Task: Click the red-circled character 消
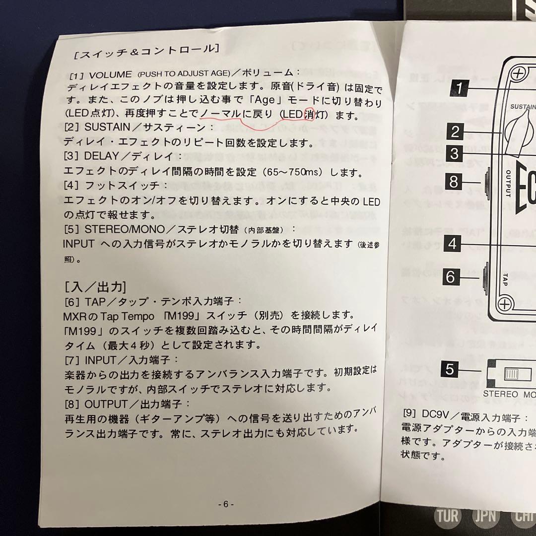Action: pyautogui.click(x=309, y=115)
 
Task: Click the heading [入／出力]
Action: pyautogui.click(x=95, y=287)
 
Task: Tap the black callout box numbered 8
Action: pyautogui.click(x=454, y=182)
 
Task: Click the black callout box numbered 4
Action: pyautogui.click(x=453, y=244)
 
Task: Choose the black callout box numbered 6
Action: pyautogui.click(x=451, y=276)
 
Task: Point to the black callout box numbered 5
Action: pyautogui.click(x=449, y=369)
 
